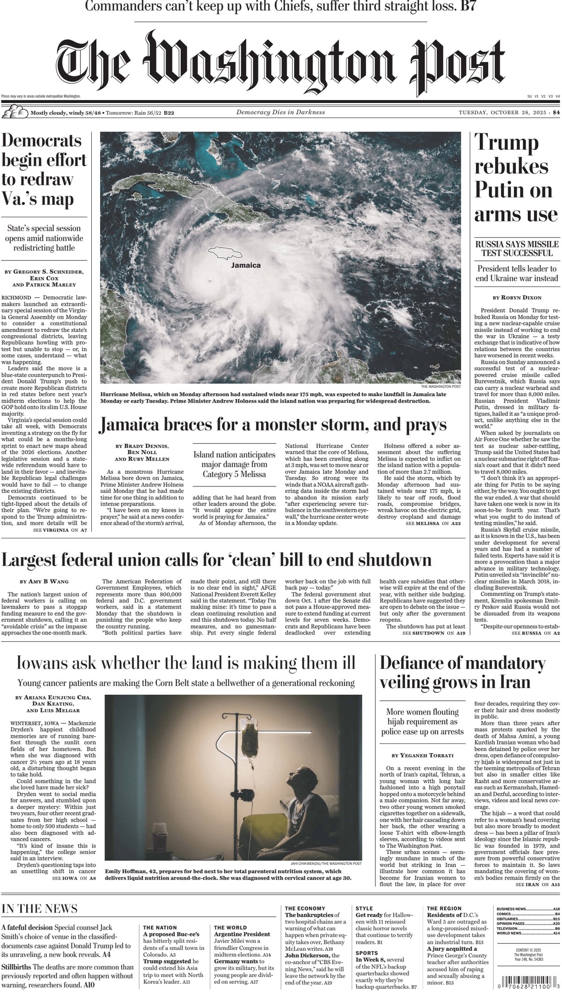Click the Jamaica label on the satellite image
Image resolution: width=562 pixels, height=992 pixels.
tap(246, 265)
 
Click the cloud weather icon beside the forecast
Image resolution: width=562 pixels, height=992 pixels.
tap(14, 112)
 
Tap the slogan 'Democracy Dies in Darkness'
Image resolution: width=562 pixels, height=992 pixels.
tap(280, 112)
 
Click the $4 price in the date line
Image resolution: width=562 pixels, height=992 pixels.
tap(556, 112)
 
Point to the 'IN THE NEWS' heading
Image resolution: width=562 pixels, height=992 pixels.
tap(39, 909)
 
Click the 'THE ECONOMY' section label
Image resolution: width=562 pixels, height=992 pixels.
tap(305, 909)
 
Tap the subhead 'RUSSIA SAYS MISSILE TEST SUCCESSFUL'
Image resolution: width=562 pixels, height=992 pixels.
tap(517, 249)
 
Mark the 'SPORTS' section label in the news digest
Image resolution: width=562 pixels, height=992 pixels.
tap(366, 949)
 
